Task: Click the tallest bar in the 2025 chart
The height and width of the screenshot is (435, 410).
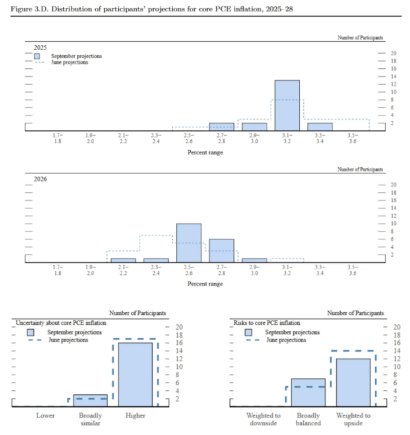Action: (287, 105)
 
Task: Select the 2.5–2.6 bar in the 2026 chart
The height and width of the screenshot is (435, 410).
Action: (189, 243)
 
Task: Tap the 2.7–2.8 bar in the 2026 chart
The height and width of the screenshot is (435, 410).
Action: (222, 250)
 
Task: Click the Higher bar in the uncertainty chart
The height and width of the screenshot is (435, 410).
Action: (135, 374)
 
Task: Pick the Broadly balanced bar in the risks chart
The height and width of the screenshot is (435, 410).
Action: (308, 392)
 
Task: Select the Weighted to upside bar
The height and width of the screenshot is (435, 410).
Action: (353, 382)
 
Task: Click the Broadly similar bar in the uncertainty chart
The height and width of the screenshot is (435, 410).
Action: (90, 400)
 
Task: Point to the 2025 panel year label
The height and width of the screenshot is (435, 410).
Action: (40, 47)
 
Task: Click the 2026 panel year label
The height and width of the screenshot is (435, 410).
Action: (40, 178)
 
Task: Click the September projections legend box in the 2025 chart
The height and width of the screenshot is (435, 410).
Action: (37, 56)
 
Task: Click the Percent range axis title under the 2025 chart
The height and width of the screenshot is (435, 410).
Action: (205, 152)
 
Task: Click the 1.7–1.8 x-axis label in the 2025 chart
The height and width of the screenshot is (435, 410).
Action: (57, 138)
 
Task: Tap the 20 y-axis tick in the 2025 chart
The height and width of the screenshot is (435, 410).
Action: (393, 53)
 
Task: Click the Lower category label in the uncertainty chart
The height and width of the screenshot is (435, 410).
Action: (45, 415)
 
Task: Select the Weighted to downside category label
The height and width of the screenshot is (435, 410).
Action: (263, 419)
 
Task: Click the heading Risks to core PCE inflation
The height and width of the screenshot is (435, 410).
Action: (267, 323)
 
